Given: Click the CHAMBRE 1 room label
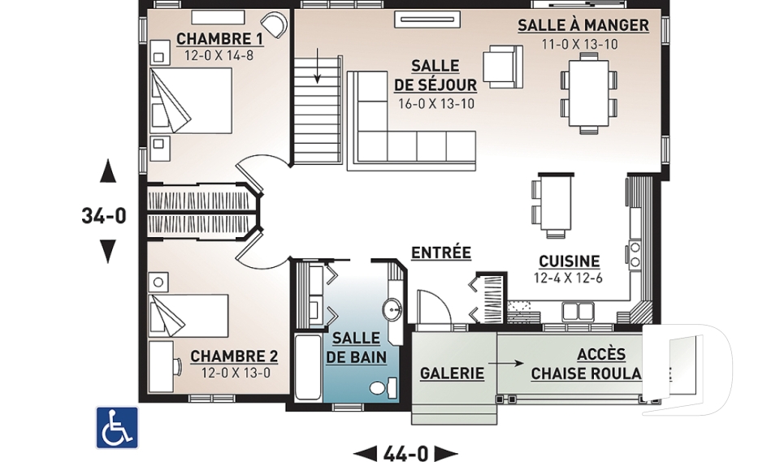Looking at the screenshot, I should pos(219,38).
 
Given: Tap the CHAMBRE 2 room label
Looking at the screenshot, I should pos(234,356).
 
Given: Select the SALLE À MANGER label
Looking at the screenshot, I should pos(583,25).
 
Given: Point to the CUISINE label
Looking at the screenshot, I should pos(569,261).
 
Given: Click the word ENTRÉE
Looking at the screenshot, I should pos(440,253).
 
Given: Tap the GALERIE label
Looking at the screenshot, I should pos(452,373).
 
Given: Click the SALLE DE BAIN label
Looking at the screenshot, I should pos(354,348).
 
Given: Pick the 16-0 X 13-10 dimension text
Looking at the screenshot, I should pos(435,103).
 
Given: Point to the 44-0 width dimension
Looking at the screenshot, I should pos(406,452).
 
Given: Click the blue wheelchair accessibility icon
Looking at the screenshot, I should pos(117,427).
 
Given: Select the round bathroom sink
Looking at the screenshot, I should pos(392,309).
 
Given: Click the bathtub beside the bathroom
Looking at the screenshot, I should pos(307,366).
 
